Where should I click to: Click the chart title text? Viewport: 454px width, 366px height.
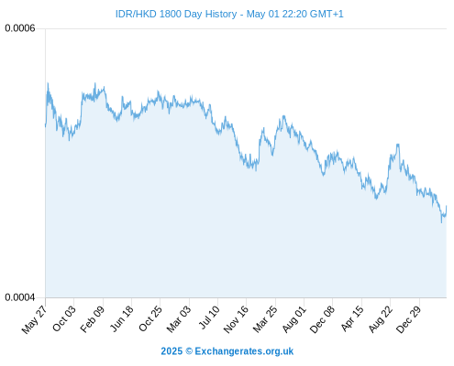click(x=229, y=14)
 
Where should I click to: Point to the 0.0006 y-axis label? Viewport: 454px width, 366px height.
click(x=20, y=28)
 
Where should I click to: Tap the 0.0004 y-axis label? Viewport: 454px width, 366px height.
click(x=20, y=297)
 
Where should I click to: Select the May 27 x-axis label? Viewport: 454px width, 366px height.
click(x=34, y=319)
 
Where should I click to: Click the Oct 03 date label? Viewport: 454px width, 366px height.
click(x=63, y=318)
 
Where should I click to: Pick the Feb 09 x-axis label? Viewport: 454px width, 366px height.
click(x=93, y=318)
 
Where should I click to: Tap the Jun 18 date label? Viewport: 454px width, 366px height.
click(x=122, y=318)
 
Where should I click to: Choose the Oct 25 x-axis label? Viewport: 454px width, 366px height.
click(x=149, y=318)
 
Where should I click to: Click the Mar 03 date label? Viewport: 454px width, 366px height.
click(x=179, y=318)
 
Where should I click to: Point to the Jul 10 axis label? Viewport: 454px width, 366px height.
click(x=209, y=318)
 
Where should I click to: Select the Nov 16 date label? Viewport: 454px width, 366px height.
click(x=236, y=319)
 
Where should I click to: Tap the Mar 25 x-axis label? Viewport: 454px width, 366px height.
click(x=265, y=318)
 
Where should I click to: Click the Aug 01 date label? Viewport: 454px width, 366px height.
click(x=293, y=318)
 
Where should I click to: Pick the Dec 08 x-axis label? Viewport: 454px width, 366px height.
click(x=322, y=319)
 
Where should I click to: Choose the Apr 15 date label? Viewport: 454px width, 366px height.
click(x=352, y=318)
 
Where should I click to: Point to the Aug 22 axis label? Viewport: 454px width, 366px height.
click(x=381, y=318)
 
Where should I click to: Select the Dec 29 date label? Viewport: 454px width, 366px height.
click(x=408, y=319)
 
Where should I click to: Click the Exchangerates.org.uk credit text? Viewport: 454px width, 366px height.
click(x=244, y=351)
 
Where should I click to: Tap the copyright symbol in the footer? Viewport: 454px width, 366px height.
click(x=189, y=351)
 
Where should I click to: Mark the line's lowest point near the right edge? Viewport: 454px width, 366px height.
click(x=441, y=222)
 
